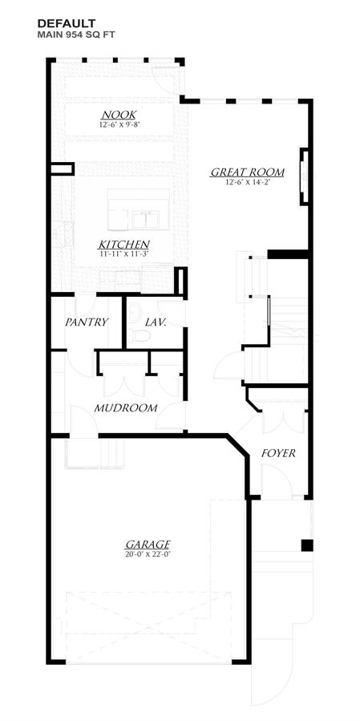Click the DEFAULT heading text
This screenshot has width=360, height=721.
pyautogui.click(x=67, y=23)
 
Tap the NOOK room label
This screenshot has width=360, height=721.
pyautogui.click(x=119, y=115)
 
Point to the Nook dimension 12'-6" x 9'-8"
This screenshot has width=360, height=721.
pyautogui.click(x=119, y=124)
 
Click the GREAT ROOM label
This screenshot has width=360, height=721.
pyautogui.click(x=248, y=172)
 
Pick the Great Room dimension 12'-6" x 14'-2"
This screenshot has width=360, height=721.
pyautogui.click(x=248, y=181)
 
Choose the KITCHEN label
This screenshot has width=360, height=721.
pyautogui.click(x=123, y=244)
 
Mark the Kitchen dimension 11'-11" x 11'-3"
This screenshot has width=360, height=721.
pyautogui.click(x=123, y=253)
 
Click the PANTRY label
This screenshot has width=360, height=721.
pyautogui.click(x=87, y=322)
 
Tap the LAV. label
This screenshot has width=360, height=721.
pyautogui.click(x=156, y=322)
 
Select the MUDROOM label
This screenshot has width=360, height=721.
pyautogui.click(x=126, y=408)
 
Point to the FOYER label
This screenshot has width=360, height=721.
pyautogui.click(x=278, y=453)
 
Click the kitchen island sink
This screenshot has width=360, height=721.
pyautogui.click(x=146, y=219)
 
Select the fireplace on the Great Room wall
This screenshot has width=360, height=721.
pyautogui.click(x=305, y=176)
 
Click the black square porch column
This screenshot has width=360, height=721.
pyautogui.click(x=307, y=545)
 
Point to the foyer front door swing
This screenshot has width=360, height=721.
pyautogui.click(x=277, y=480)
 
